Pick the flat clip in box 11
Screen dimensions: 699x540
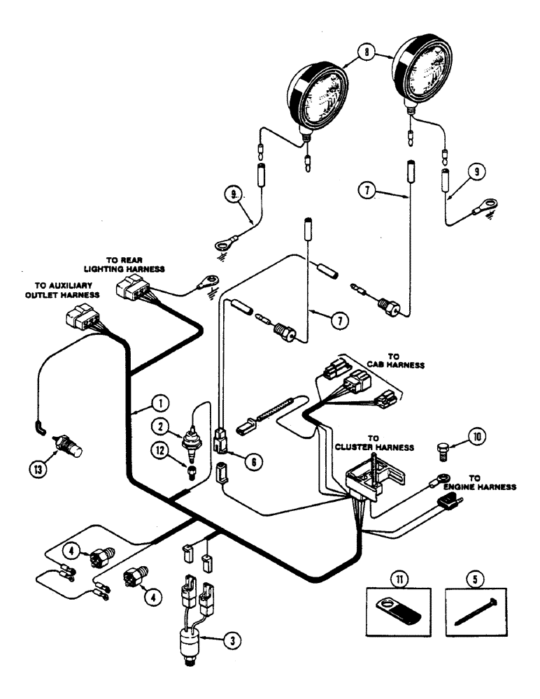(402, 613)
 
